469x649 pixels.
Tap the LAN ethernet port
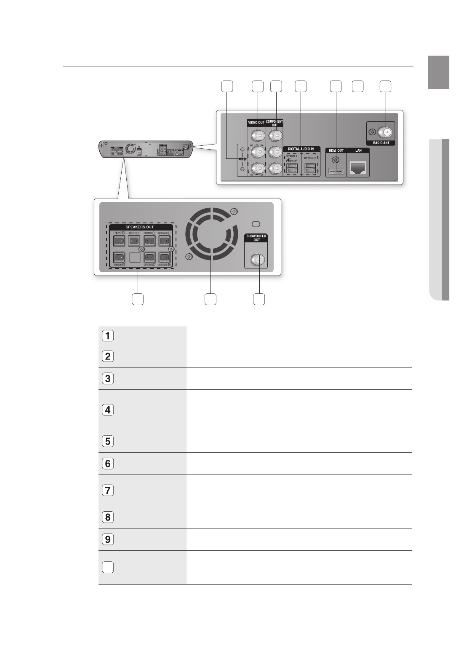click(x=358, y=169)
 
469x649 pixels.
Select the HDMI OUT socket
click(x=336, y=172)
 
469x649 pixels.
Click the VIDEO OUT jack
click(x=257, y=135)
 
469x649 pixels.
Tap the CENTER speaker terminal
click(x=134, y=241)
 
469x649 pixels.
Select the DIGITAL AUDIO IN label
click(x=301, y=149)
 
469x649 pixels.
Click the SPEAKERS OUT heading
click(x=140, y=227)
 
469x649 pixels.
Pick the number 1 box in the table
click(x=108, y=336)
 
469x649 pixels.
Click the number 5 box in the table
click(x=108, y=441)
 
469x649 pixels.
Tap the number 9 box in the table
click(x=108, y=539)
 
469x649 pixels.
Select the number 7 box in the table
click(x=108, y=491)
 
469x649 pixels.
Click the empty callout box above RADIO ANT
click(x=385, y=86)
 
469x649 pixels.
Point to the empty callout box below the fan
click(x=210, y=299)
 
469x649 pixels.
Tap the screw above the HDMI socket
click(x=336, y=160)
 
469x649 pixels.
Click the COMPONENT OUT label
click(x=274, y=123)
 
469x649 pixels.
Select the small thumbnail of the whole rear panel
click(x=145, y=149)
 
